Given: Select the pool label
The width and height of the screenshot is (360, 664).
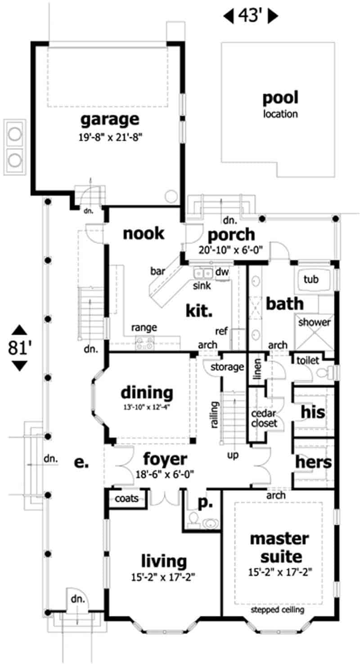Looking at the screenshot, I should click(280, 98).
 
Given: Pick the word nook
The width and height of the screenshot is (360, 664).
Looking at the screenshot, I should click(143, 234).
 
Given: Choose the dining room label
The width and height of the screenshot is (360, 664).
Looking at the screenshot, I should click(147, 393).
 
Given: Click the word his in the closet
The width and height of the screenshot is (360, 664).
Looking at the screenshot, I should click(313, 412).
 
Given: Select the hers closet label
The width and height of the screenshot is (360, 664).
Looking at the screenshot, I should click(314, 462).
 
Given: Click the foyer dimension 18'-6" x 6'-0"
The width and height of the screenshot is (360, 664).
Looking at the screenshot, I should click(165, 473).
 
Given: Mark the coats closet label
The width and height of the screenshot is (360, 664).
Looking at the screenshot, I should click(126, 498).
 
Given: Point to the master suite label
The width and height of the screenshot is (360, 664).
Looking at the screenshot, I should click(279, 547).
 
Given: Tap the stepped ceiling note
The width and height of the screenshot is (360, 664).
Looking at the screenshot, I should click(278, 610).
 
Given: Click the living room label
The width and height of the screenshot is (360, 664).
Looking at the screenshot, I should click(164, 561).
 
